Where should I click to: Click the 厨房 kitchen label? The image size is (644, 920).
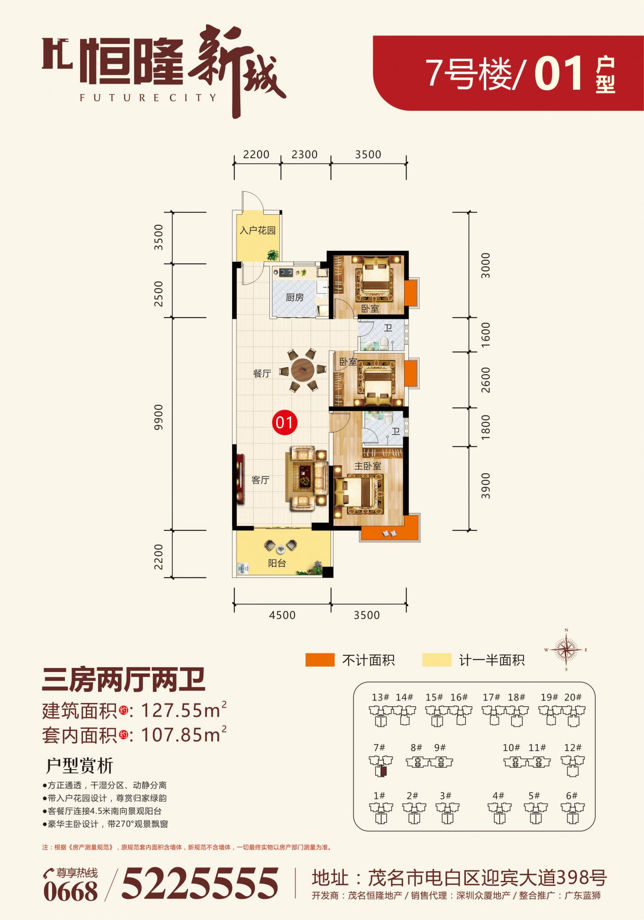coord(295,297)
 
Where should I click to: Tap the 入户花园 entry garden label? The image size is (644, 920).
coord(258,230)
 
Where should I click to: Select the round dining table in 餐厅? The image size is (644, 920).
coord(302,369)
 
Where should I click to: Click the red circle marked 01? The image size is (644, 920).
coord(284,422)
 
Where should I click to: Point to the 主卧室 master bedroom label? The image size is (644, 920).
coord(368,466)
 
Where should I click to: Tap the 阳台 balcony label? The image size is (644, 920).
coord(277,563)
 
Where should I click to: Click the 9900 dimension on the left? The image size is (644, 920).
coord(158,417)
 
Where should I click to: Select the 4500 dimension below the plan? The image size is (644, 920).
coord(282,615)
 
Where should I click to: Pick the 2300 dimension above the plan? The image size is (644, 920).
coord(305,155)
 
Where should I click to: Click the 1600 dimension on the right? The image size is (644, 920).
coord(486,335)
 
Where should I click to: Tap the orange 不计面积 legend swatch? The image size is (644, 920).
coord(320,660)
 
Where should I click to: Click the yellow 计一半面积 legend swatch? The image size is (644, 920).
coord(437,660)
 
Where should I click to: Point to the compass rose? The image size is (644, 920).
coord(566,650)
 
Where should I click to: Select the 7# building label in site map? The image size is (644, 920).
coord(379,747)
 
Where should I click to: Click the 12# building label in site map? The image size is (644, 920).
coord(573,747)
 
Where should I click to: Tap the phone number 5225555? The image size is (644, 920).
coord(200,883)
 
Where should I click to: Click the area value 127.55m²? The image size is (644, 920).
coord(184,710)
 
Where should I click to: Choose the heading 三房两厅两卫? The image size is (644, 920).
coord(123,680)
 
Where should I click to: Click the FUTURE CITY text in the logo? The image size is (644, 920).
coord(148,98)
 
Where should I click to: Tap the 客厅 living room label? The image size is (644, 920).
coord(261,480)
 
